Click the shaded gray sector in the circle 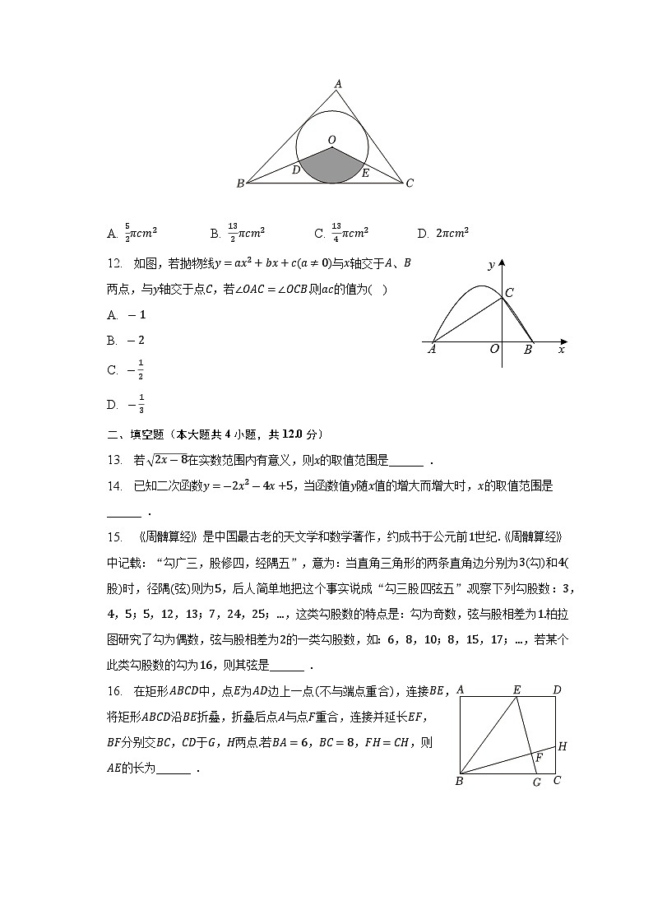[332, 169]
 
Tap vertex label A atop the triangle [338, 83]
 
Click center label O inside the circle [332, 141]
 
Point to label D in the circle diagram [296, 170]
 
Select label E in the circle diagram [365, 173]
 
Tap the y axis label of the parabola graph [490, 265]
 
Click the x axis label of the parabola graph [561, 349]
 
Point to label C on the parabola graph [509, 292]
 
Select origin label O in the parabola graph [494, 349]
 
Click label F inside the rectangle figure [540, 756]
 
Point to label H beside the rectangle [563, 746]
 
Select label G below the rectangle [536, 782]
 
